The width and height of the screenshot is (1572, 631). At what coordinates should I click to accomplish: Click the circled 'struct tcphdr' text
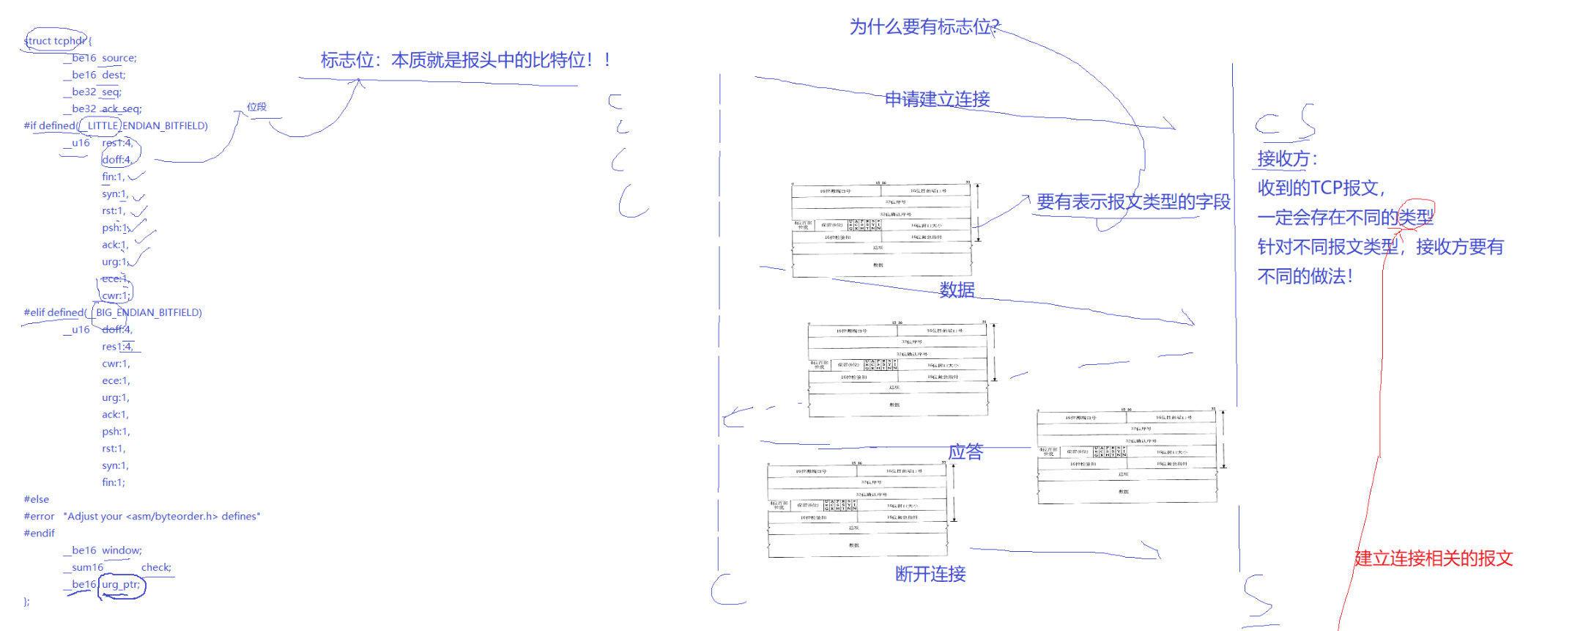point(56,41)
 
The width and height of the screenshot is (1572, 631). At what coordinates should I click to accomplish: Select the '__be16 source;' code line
point(103,58)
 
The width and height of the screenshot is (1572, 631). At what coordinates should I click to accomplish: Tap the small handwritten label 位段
point(256,107)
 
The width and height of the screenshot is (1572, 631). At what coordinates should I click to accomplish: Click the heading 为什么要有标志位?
point(924,27)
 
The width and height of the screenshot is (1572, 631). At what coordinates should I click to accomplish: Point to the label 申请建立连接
point(937,99)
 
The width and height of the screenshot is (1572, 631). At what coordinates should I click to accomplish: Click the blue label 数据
point(957,289)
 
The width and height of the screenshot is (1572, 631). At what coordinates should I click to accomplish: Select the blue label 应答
point(965,451)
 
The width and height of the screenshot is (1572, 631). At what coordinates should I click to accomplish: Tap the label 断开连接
point(930,574)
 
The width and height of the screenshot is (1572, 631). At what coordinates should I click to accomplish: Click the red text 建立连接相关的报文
point(1433,558)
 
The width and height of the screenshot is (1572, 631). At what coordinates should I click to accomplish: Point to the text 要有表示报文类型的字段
point(1133,202)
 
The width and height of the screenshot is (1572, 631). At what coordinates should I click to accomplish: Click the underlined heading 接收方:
point(1287,159)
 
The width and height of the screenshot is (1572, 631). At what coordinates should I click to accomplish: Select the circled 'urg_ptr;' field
point(121,585)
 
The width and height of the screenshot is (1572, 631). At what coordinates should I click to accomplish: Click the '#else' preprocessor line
point(37,500)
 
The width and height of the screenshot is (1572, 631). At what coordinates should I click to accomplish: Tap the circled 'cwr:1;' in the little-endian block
point(116,296)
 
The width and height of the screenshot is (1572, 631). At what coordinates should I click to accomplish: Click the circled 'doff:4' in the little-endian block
point(117,160)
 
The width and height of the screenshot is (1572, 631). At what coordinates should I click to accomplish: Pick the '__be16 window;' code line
point(106,550)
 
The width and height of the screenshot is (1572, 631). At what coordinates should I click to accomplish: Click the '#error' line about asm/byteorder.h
point(141,517)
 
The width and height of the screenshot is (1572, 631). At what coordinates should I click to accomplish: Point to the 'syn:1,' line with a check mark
point(115,194)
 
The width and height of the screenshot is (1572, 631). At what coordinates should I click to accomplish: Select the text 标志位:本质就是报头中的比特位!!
point(465,60)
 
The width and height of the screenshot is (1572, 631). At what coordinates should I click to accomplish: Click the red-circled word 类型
point(1415,217)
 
